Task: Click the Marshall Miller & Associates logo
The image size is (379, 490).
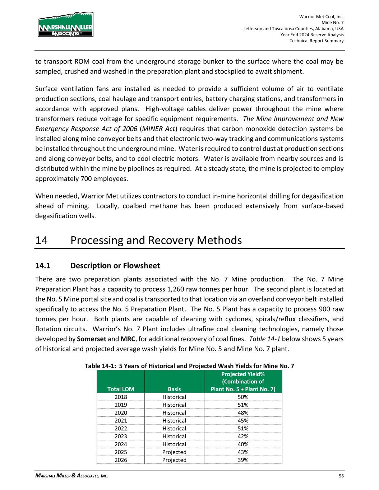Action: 65,25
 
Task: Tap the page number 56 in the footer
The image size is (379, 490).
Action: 341,476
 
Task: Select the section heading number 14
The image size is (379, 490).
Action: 42,240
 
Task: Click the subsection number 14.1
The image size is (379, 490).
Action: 42,266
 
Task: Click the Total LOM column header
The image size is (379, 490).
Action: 121,389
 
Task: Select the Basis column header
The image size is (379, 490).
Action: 174,389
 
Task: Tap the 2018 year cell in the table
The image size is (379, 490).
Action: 121,397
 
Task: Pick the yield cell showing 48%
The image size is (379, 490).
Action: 243,413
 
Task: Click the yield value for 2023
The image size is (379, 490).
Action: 243,437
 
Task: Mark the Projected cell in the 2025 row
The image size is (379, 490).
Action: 174,452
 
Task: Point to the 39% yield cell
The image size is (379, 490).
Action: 243,460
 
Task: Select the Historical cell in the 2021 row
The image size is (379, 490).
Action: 174,421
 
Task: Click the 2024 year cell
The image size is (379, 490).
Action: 121,444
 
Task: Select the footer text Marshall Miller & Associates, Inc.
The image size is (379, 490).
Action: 71,476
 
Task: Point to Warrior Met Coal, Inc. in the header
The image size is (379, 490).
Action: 321,17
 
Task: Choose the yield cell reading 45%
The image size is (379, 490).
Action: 243,421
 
